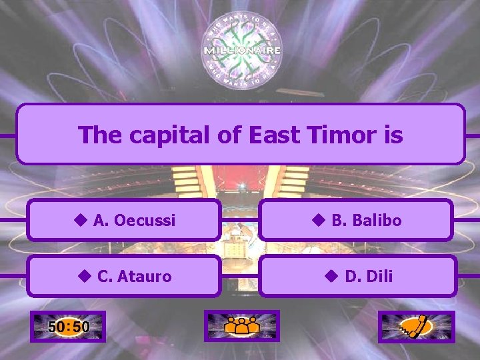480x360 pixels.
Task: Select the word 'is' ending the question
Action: pyautogui.click(x=393, y=135)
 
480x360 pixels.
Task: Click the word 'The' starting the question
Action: pyautogui.click(x=101, y=135)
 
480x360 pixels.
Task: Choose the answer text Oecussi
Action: pyautogui.click(x=145, y=220)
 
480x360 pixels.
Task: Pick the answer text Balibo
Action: pyautogui.click(x=377, y=220)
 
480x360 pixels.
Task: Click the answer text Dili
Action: pyautogui.click(x=379, y=276)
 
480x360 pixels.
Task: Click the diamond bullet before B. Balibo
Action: pyautogui.click(x=317, y=220)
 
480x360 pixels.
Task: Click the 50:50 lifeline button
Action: pyautogui.click(x=68, y=327)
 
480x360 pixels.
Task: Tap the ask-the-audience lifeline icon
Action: pyautogui.click(x=242, y=327)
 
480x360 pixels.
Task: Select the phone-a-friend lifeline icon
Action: pyautogui.click(x=416, y=327)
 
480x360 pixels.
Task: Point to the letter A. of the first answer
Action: pyautogui.click(x=102, y=220)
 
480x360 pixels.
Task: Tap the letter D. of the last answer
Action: pyautogui.click(x=353, y=276)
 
